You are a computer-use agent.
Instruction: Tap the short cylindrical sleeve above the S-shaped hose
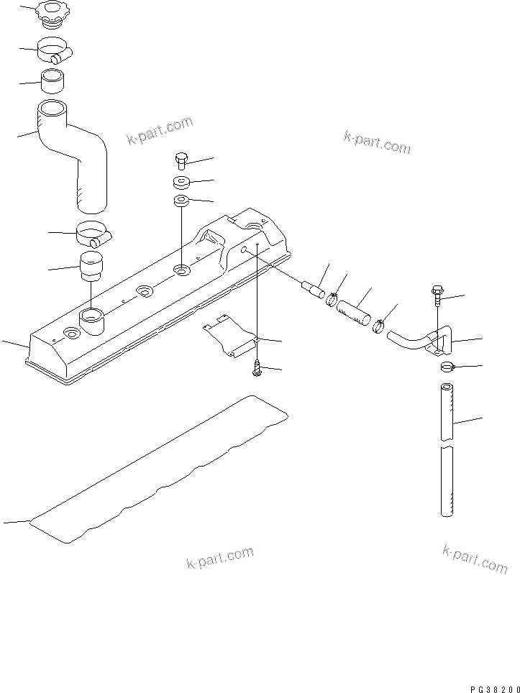[x=53, y=81]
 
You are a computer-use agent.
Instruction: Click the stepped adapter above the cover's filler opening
[x=92, y=267]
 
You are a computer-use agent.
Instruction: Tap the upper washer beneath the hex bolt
[x=181, y=181]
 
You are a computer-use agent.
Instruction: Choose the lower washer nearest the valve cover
[x=181, y=201]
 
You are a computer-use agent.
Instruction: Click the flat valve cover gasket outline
[x=158, y=474]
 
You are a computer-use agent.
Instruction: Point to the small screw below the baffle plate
[x=257, y=369]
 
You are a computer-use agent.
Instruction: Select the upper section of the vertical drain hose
[x=447, y=412]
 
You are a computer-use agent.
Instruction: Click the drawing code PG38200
[x=488, y=686]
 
